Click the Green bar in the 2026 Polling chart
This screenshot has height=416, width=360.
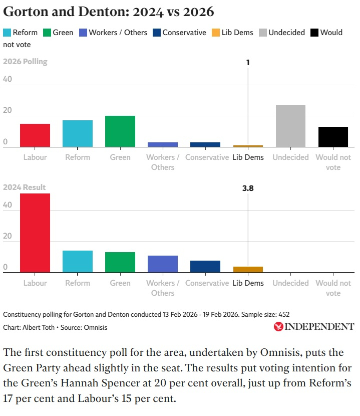click(x=120, y=131)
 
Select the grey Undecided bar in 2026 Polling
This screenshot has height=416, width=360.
click(x=290, y=126)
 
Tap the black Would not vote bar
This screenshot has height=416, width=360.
click(x=333, y=137)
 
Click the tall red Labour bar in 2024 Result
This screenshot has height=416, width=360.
click(x=35, y=233)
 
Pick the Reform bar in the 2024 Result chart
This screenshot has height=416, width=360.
click(x=78, y=262)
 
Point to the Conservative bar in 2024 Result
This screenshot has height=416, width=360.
click(x=205, y=267)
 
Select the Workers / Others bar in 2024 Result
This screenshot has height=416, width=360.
click(x=163, y=264)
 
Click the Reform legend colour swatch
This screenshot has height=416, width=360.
click(x=7, y=33)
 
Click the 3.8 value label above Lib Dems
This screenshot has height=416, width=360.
click(x=248, y=188)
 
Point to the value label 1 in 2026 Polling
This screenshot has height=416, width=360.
click(x=248, y=63)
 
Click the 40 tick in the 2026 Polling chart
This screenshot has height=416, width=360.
click(x=7, y=80)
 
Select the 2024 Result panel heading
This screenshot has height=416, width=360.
click(x=24, y=187)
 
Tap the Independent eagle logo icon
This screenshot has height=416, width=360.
click(x=278, y=327)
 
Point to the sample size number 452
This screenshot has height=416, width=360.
click(x=284, y=314)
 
